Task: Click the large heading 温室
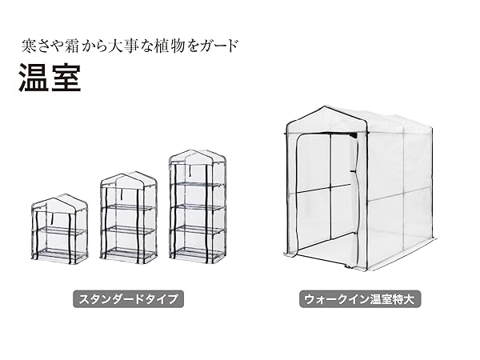click(50, 78)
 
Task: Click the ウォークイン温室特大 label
click(362, 300)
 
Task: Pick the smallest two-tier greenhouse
click(61, 231)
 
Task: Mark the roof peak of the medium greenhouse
click(128, 175)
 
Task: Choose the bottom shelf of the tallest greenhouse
click(198, 251)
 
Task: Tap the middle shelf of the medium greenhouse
click(128, 230)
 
